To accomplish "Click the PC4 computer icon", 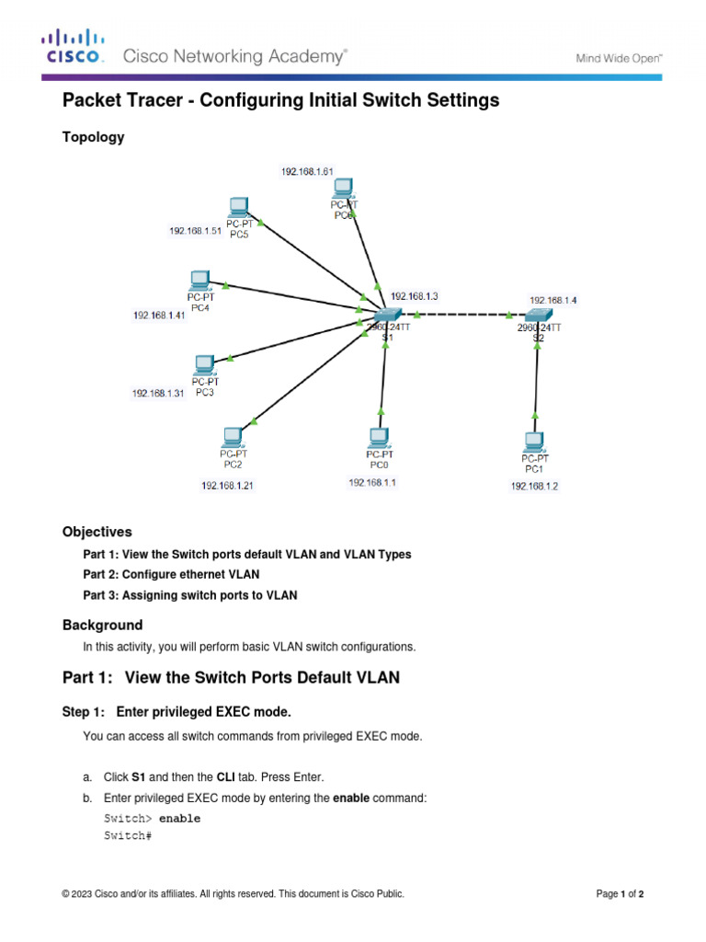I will pos(199,281).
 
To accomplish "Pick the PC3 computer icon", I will pos(205,365).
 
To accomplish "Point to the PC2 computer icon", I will pos(232,437).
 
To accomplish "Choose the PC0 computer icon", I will pos(378,437).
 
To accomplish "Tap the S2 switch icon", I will pos(534,316).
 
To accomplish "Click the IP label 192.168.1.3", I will pos(415,296).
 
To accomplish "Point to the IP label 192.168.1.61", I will pos(307,171).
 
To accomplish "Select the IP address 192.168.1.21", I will pos(228,486).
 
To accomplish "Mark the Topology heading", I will pos(93,137).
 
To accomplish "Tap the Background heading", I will pos(102,625).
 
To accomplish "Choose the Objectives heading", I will pos(97,532).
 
